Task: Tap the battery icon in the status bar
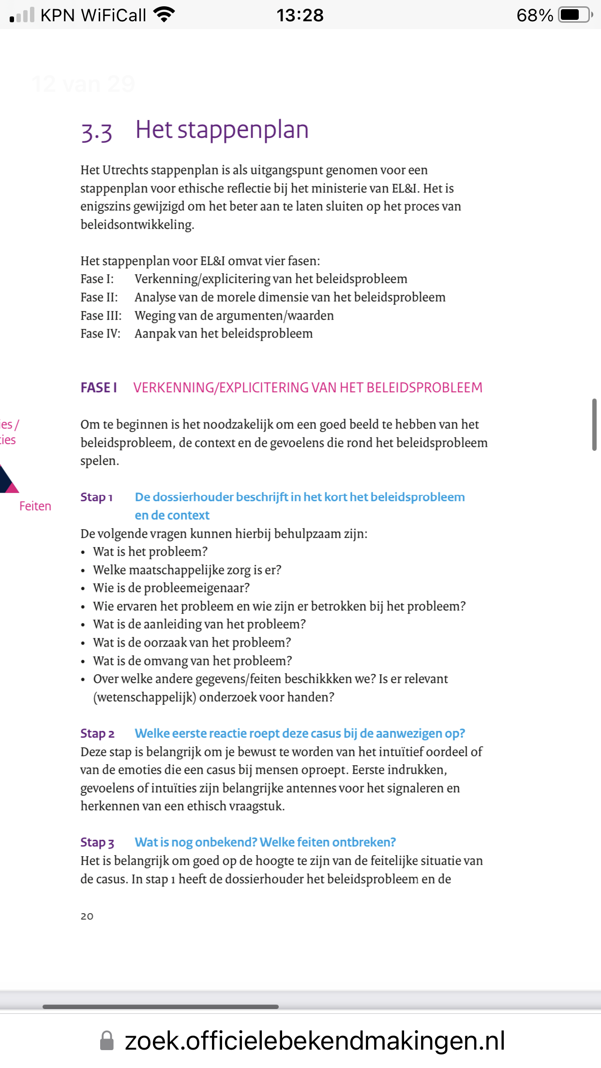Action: click(x=575, y=15)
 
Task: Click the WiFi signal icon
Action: click(x=164, y=15)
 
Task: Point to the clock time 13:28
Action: click(x=300, y=15)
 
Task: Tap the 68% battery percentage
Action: click(x=535, y=15)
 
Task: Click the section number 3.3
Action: click(x=97, y=132)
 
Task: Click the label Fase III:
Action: click(x=101, y=316)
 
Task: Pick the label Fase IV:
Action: click(x=100, y=334)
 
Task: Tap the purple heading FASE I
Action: click(x=99, y=388)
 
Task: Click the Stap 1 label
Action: click(x=97, y=497)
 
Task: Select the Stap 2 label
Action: click(x=97, y=734)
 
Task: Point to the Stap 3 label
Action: click(x=97, y=843)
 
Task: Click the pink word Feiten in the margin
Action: click(x=35, y=506)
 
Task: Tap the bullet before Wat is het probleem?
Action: click(x=83, y=552)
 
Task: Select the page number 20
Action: click(x=87, y=916)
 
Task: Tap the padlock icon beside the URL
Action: click(x=107, y=1041)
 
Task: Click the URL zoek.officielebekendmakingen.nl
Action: click(x=315, y=1041)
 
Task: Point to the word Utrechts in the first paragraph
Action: click(x=125, y=170)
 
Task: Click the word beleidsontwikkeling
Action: click(x=137, y=225)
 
